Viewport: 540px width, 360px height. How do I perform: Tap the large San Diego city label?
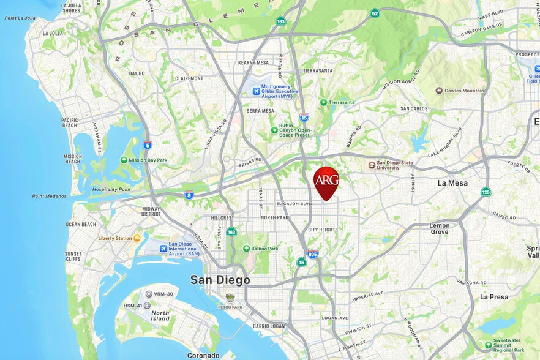(220, 280)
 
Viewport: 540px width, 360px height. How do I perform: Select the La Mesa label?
(452, 183)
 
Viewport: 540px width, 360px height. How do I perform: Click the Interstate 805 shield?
(312, 254)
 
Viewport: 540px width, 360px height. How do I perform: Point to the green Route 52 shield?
(374, 13)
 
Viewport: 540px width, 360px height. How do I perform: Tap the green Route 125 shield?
(486, 192)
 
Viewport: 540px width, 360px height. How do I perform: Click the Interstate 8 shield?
(190, 195)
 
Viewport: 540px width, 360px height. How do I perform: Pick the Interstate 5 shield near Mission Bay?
(148, 145)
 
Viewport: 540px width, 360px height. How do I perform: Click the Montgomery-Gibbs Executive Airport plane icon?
(256, 91)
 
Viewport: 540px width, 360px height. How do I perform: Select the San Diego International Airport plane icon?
(163, 249)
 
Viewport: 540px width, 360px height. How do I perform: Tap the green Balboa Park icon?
(246, 249)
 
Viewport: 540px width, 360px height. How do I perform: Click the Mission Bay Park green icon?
(124, 160)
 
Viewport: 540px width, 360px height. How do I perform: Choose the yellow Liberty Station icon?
(137, 238)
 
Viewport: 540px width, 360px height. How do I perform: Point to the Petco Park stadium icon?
(230, 298)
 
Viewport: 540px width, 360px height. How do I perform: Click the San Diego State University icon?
(372, 165)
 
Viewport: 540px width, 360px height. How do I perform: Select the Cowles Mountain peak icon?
(439, 91)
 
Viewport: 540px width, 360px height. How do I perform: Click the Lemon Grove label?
(439, 228)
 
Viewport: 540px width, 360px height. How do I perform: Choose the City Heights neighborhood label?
(322, 230)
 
